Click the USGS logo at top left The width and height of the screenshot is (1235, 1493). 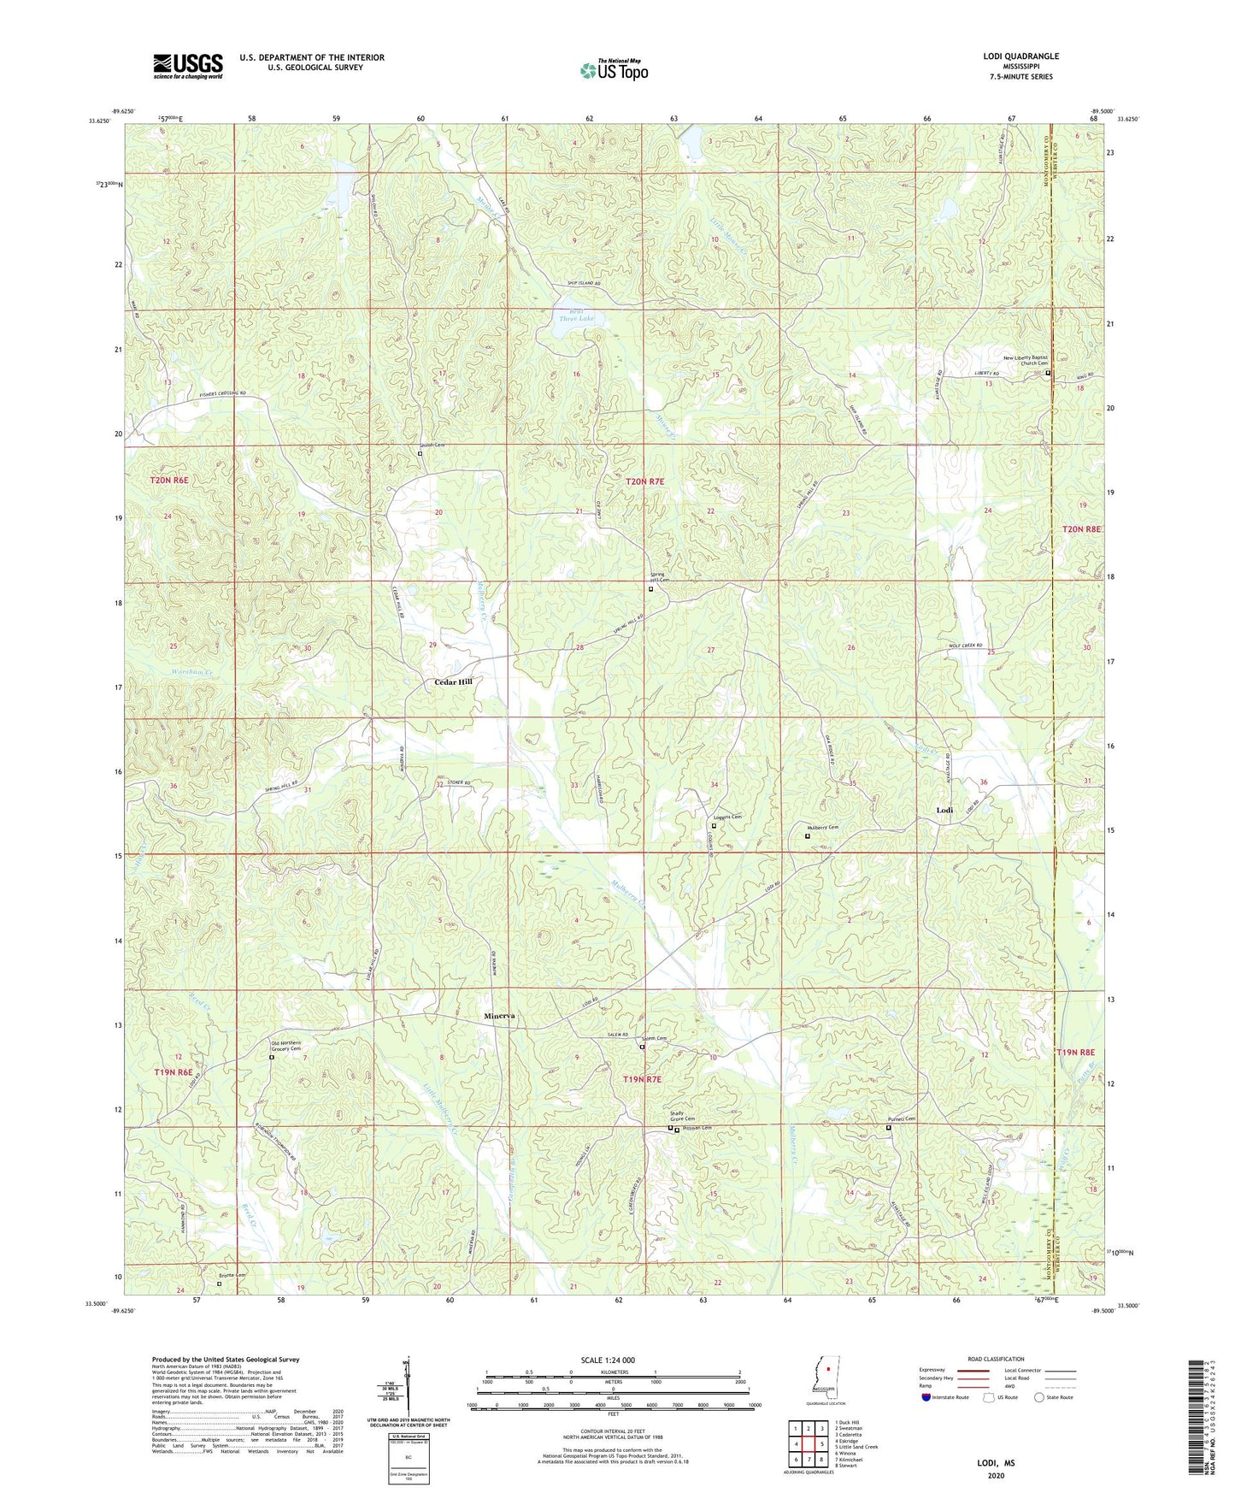click(188, 66)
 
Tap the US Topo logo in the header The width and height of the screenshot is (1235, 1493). click(614, 70)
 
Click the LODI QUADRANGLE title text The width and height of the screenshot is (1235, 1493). click(1020, 56)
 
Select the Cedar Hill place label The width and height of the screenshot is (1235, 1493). click(453, 682)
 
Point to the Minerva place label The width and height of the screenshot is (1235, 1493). click(499, 1015)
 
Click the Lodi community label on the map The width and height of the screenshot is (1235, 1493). click(944, 809)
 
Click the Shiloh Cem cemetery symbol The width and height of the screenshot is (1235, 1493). click(420, 454)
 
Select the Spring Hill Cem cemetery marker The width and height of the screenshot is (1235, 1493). click(650, 588)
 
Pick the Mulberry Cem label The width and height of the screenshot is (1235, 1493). click(824, 827)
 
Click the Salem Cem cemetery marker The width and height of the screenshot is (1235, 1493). click(644, 1047)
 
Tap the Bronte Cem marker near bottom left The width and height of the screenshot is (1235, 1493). click(219, 1284)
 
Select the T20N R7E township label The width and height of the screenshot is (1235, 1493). click(644, 482)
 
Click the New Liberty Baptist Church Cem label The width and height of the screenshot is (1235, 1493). click(1025, 360)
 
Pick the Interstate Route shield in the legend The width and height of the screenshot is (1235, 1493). click(926, 1397)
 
